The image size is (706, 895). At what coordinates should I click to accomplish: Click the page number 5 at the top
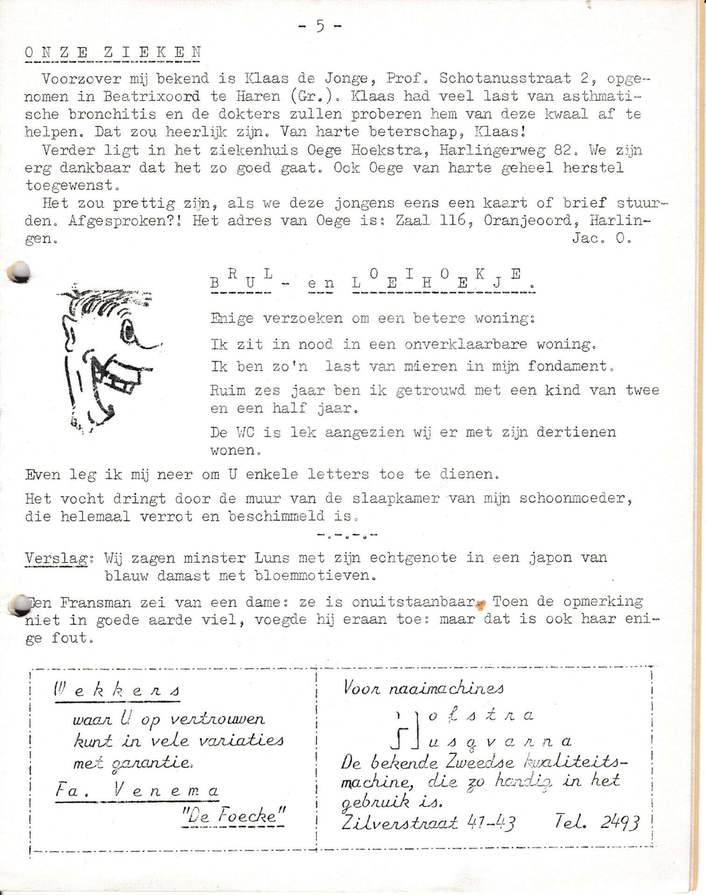pyautogui.click(x=320, y=26)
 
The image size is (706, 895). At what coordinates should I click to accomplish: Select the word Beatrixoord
pyautogui.click(x=152, y=96)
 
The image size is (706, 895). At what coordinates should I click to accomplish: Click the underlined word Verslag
pyautogui.click(x=56, y=558)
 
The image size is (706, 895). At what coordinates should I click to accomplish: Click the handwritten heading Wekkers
pyautogui.click(x=117, y=689)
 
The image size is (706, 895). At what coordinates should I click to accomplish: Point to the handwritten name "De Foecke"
pyautogui.click(x=233, y=816)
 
